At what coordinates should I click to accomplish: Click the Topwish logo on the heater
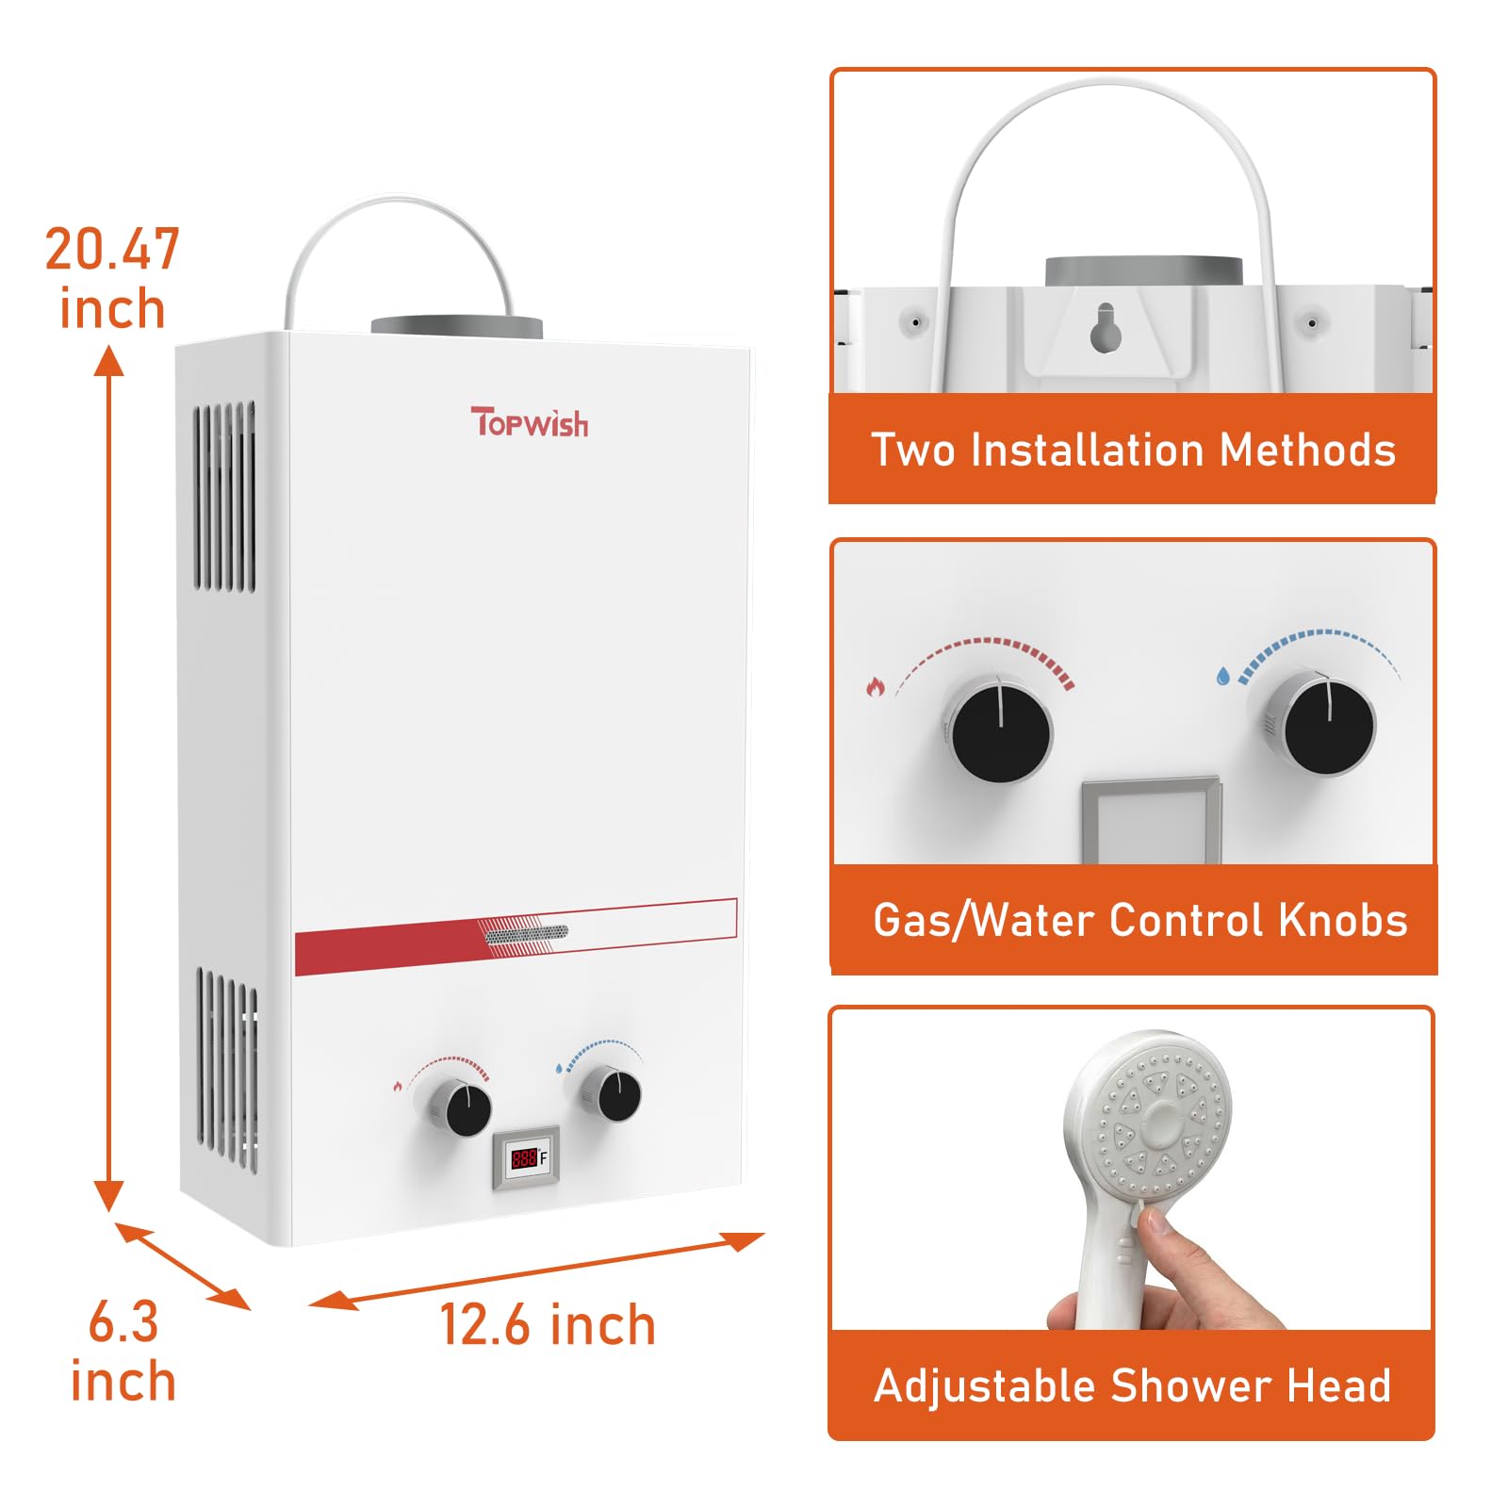pyautogui.click(x=530, y=422)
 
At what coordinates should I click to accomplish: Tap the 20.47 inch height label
pyautogui.click(x=112, y=279)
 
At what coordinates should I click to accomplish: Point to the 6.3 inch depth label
pyautogui.click(x=123, y=1352)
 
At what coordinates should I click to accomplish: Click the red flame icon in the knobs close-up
pyautogui.click(x=876, y=687)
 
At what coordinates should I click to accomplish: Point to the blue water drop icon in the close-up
pyautogui.click(x=1222, y=676)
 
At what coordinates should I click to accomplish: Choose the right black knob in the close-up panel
pyautogui.click(x=1322, y=721)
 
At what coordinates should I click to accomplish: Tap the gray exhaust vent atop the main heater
pyautogui.click(x=457, y=327)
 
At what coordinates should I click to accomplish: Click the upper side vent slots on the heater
pyautogui.click(x=224, y=497)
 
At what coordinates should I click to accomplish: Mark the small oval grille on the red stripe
pyautogui.click(x=526, y=933)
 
